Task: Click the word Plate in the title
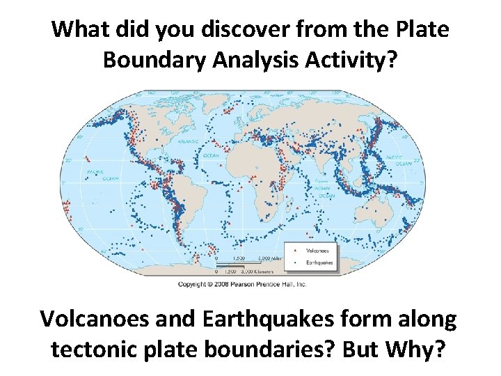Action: tap(421, 30)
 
